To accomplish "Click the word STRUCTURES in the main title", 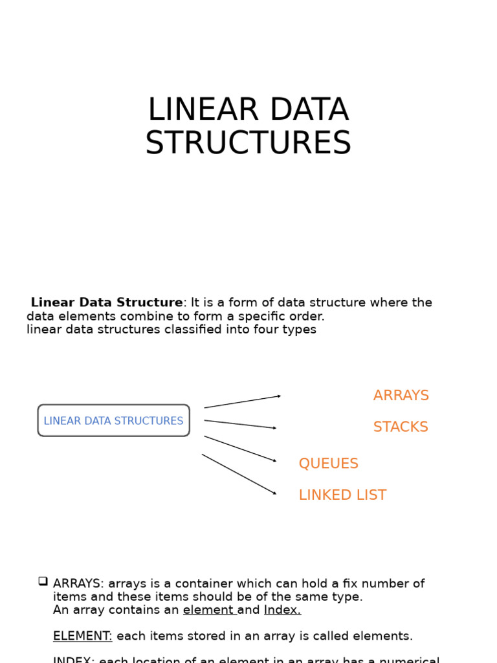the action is coord(248,143).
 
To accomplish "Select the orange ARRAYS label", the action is coord(401,396).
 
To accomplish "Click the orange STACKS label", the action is coord(401,427).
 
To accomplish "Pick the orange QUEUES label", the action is coord(328,464).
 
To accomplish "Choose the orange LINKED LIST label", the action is coord(342,495).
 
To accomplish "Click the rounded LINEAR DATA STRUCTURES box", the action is coord(113,421).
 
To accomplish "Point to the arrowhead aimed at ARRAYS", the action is coord(279,396).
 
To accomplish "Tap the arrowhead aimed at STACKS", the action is coord(274,428).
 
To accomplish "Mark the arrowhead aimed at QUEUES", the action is coord(274,461).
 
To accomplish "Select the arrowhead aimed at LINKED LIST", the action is coord(274,493).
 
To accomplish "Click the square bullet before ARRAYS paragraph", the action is coord(43,581).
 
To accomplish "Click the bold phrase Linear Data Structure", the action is coord(107,303).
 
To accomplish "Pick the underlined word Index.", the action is coord(282,610).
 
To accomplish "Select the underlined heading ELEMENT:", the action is coord(82,636).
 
